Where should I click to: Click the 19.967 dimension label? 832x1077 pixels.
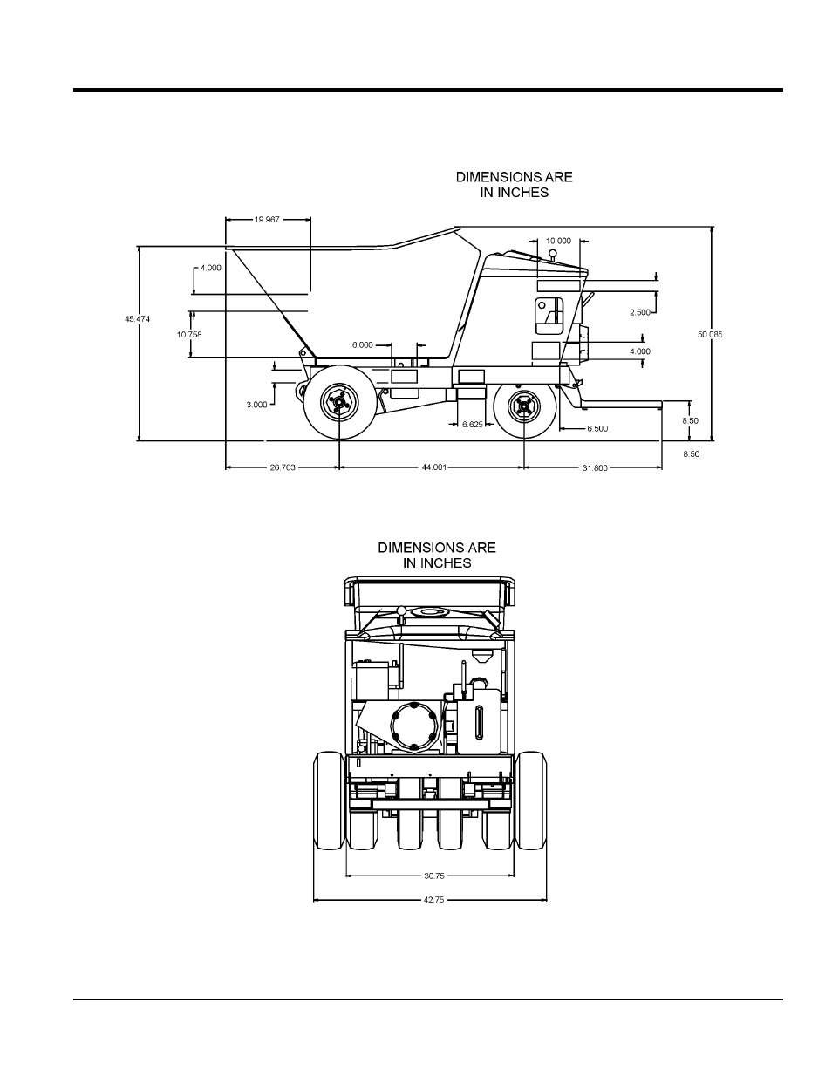click(267, 220)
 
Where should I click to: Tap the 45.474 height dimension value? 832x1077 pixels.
click(137, 319)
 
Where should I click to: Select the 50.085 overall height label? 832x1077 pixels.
click(710, 335)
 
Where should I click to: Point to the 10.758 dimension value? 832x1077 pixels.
click(189, 335)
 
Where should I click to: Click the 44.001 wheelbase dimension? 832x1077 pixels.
click(434, 467)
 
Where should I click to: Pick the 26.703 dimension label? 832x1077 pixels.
click(283, 467)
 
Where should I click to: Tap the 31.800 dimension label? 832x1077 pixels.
click(595, 468)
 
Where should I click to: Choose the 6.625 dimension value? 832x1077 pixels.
click(472, 424)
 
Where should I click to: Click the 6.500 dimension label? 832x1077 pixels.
click(597, 429)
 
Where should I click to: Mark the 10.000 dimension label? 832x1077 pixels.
click(558, 241)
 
